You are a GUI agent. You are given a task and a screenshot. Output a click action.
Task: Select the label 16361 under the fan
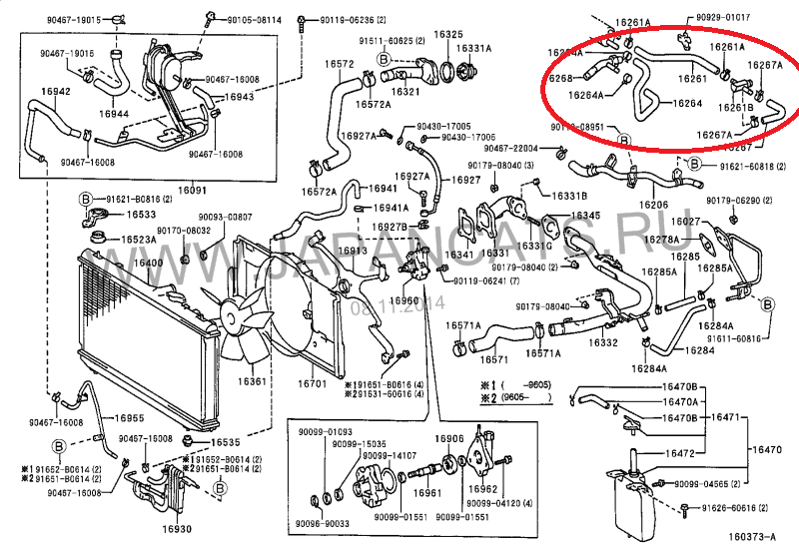[x=253, y=382]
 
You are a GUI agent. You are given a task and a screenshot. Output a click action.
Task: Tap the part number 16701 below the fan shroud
[x=313, y=382]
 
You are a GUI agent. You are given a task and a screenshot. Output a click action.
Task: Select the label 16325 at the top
[x=447, y=34]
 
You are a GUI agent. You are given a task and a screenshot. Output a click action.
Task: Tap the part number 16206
[x=654, y=205]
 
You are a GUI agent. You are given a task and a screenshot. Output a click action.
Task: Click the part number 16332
[x=602, y=342]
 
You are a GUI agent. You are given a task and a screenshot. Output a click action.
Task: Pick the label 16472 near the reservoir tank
[x=680, y=453]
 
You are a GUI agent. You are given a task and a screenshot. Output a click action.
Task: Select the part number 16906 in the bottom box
[x=448, y=439]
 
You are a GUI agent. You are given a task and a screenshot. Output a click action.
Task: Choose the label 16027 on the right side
[x=686, y=221]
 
